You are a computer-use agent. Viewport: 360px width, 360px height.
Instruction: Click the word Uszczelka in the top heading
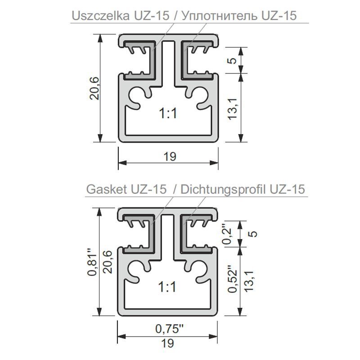pos(100,16)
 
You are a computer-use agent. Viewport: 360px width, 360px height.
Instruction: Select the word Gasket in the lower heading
pos(107,189)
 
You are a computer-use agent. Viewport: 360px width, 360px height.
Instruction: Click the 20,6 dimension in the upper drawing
pos(94,88)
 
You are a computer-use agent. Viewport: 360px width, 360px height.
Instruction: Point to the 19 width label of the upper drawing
pos(170,157)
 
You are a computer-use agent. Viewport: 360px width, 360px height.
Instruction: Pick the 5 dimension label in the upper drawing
pos(232,61)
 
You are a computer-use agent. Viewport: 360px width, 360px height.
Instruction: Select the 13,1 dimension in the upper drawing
pos(232,109)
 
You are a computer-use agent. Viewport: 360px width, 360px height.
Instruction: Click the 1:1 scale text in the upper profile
pos(168,114)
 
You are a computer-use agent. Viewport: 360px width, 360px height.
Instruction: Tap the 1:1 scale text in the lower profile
pos(167,287)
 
